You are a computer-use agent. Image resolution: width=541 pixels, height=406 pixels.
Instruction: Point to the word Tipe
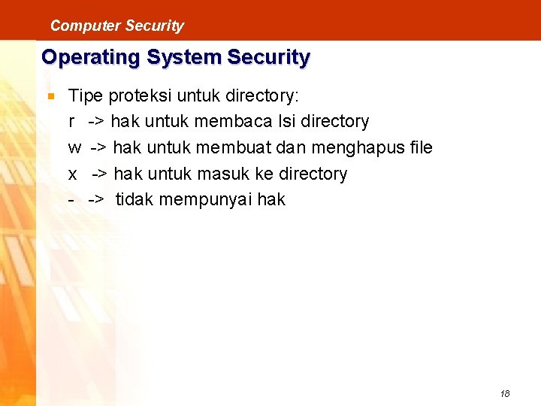86,95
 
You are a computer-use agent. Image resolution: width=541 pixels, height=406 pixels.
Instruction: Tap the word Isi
287,122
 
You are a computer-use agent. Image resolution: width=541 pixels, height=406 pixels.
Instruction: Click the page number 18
504,393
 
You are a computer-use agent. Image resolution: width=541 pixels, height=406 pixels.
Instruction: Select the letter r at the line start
71,122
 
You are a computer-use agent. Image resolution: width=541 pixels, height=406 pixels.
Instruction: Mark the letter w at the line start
74,148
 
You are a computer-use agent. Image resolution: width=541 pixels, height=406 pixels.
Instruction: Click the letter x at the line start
73,174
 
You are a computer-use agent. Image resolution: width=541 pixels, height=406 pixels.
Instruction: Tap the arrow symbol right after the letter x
101,174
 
